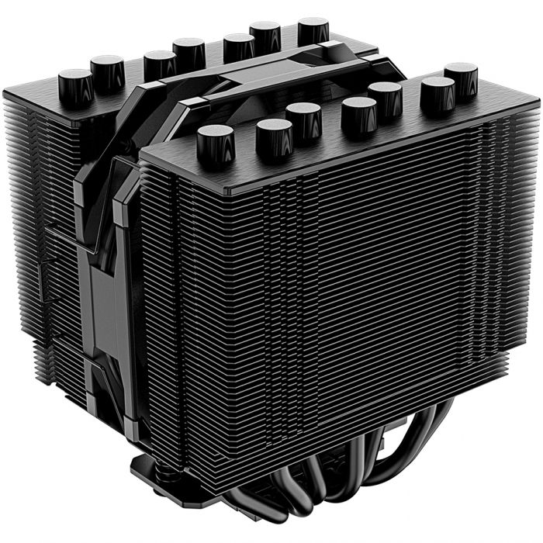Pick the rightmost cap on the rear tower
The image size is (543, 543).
click(x=313, y=30)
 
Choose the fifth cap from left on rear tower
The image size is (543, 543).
click(x=239, y=47)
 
